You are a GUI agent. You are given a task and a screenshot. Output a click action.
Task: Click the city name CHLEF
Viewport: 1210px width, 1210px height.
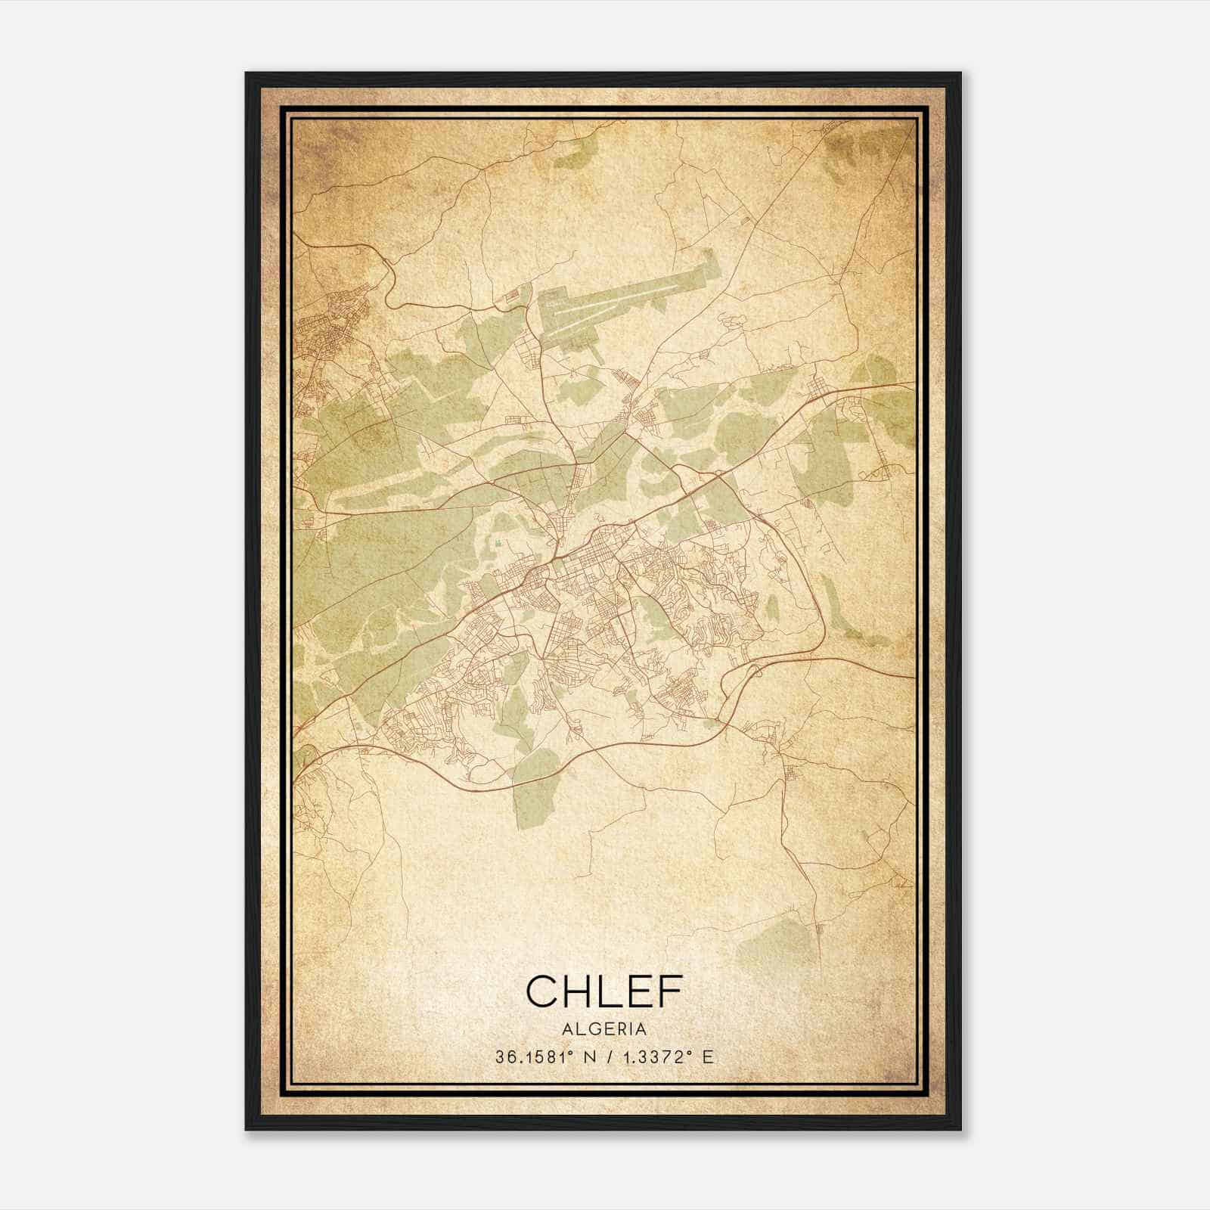[x=604, y=991]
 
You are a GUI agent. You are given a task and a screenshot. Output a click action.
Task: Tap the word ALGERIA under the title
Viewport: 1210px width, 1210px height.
[x=604, y=1029]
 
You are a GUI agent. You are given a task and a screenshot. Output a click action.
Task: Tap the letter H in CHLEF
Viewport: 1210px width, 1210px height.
[x=578, y=991]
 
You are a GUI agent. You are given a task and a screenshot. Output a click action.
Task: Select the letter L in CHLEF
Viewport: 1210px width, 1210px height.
[x=608, y=991]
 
